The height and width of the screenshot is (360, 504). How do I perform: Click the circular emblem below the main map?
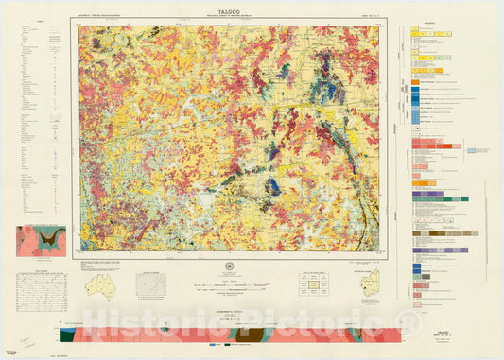click(234, 266)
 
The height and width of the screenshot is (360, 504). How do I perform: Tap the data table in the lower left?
click(38, 287)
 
